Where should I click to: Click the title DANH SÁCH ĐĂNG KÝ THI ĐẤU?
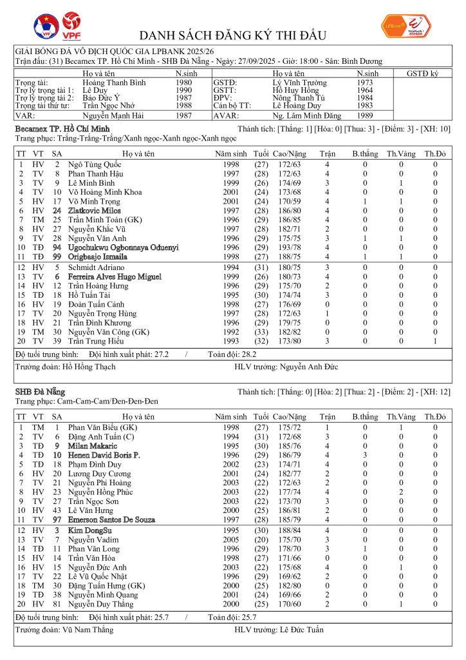point(233,35)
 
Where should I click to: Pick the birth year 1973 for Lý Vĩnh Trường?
point(364,83)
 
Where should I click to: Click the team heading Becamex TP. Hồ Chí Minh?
point(62,130)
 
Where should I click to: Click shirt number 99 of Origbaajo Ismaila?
point(57,257)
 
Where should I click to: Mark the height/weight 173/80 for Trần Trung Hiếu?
point(289,340)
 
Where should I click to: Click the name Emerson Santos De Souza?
point(111,519)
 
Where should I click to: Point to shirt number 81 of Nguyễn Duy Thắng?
point(57,604)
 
